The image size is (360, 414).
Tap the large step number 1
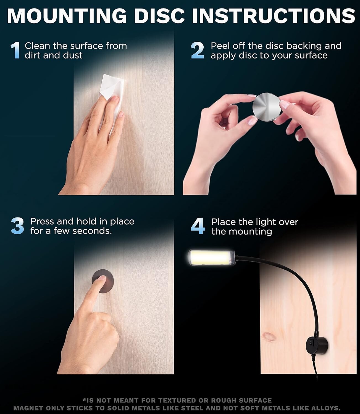click(15, 51)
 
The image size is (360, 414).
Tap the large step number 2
click(198, 51)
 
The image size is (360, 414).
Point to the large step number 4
click(198, 226)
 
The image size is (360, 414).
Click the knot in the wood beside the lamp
click(267, 337)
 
